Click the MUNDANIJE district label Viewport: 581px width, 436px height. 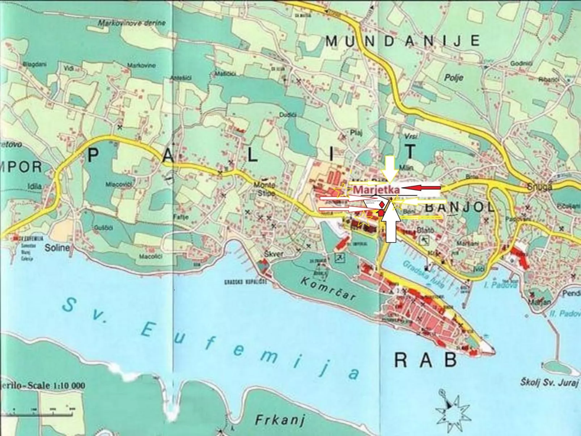point(403,41)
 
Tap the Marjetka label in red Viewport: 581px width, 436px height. point(376,189)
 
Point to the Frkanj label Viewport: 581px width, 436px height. point(280,420)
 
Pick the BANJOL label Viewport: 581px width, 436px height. point(459,207)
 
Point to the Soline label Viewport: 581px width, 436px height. point(57,248)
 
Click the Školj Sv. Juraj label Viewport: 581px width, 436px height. point(550,382)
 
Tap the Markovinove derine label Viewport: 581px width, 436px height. point(132,23)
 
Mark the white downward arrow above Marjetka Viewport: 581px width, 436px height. point(390,168)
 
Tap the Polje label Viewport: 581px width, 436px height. point(454,77)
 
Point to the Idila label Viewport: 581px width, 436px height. point(35,186)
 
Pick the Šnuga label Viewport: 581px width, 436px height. point(539,187)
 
